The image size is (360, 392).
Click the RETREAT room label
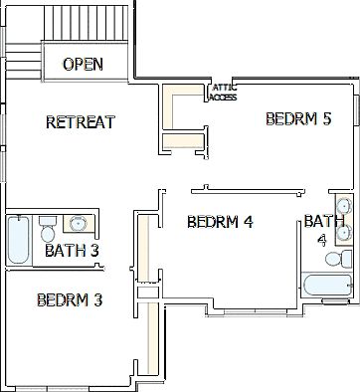(x=81, y=122)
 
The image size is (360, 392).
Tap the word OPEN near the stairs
(x=84, y=65)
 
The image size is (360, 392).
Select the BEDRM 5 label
(x=298, y=119)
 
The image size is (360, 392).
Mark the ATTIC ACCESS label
(x=224, y=94)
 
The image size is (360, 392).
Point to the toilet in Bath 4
(x=336, y=258)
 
